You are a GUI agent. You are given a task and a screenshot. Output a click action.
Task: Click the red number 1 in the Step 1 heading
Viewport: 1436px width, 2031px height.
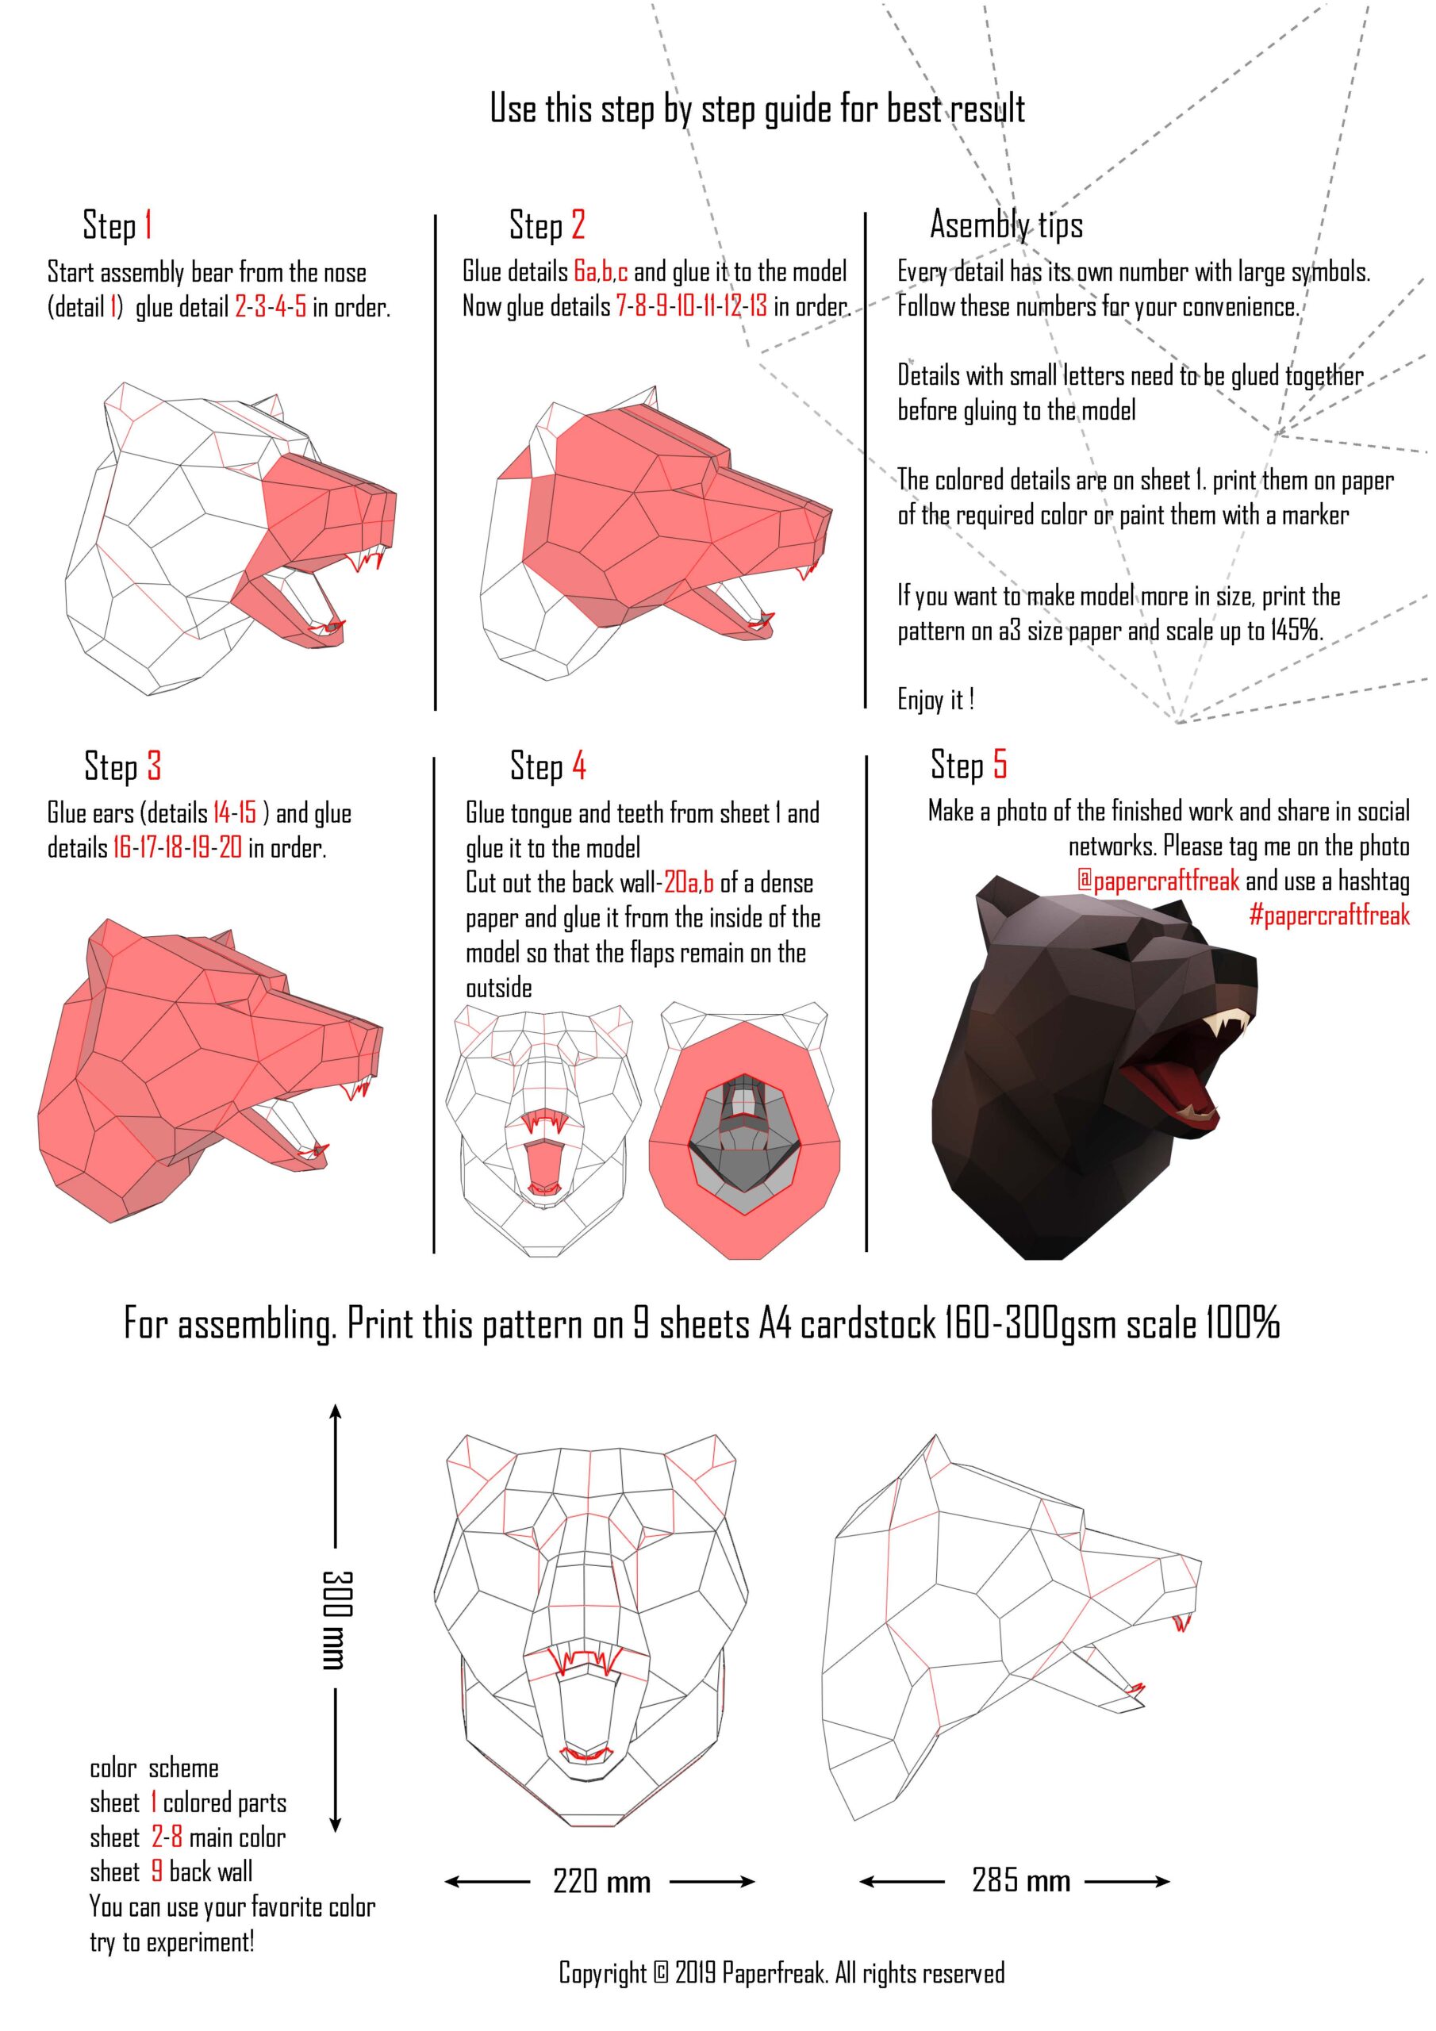(148, 225)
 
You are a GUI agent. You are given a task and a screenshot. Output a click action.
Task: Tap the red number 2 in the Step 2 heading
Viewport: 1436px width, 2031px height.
(578, 225)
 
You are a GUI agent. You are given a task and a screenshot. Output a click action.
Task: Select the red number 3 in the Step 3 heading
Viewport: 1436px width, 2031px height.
(154, 766)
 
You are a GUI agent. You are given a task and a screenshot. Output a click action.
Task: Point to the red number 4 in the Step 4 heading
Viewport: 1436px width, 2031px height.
(578, 765)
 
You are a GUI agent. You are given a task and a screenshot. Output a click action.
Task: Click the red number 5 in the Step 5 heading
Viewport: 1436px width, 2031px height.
(1000, 763)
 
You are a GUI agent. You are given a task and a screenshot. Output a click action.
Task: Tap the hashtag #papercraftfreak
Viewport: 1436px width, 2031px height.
(1329, 915)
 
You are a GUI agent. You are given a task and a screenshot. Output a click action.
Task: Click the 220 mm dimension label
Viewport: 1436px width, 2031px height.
(601, 1880)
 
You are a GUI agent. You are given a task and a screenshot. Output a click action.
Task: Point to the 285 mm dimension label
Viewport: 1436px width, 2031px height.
(1021, 1879)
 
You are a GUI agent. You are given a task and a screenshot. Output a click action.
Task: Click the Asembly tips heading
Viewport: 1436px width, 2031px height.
(1006, 225)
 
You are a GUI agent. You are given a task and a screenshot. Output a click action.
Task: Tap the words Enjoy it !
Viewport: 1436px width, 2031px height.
(936, 700)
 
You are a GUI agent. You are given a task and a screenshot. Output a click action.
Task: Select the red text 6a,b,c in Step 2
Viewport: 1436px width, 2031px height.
(601, 271)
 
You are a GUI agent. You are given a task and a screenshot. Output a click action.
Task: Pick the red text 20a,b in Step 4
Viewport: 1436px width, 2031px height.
(689, 883)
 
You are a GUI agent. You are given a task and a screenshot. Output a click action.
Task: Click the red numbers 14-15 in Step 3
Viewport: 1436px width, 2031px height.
(235, 813)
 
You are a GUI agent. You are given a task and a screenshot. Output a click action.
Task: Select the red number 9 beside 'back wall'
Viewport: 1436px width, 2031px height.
(156, 1872)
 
